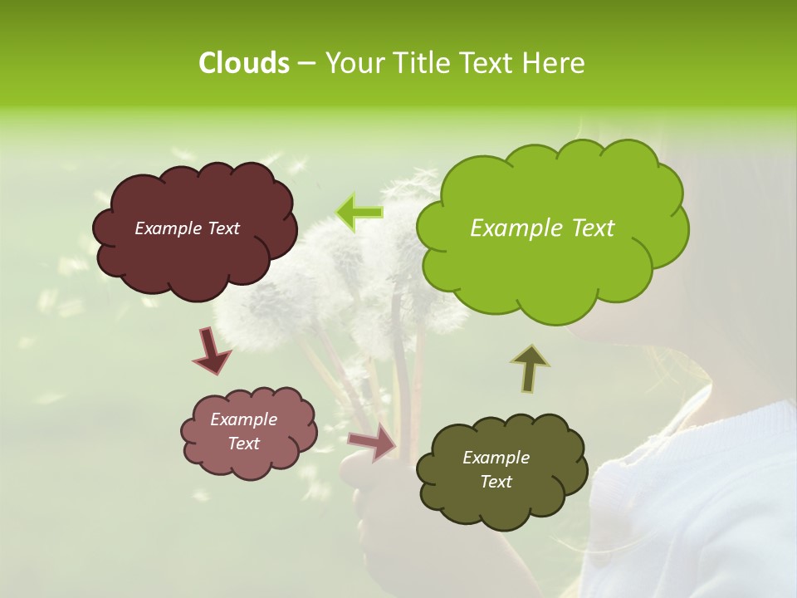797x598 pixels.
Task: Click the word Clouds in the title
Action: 243,63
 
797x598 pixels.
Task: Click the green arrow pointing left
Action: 359,213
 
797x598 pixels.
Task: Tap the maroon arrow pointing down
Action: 212,350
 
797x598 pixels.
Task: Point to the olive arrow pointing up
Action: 531,368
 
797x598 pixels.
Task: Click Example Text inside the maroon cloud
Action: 187,228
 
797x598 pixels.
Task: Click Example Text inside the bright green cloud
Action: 542,228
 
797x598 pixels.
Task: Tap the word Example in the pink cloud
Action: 243,419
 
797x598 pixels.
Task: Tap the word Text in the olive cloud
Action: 496,482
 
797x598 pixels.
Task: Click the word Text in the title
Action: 486,63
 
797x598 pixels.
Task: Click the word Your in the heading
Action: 350,63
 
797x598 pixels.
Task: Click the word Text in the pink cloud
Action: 243,444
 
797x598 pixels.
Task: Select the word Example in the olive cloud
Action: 496,458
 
